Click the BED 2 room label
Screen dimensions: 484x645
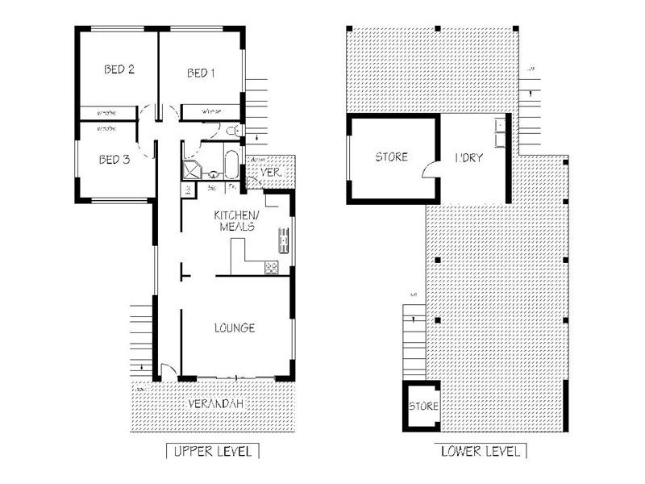click(x=119, y=69)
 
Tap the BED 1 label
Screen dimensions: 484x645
click(x=201, y=73)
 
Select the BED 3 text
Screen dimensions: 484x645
click(x=114, y=159)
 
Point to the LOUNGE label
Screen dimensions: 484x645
click(x=235, y=328)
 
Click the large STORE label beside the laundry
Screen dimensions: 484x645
click(x=391, y=157)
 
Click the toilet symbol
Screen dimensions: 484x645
click(x=231, y=131)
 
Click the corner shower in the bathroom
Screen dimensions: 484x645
click(x=193, y=169)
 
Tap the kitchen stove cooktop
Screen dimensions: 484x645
click(x=271, y=267)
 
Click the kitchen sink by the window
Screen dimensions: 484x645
click(x=283, y=238)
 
